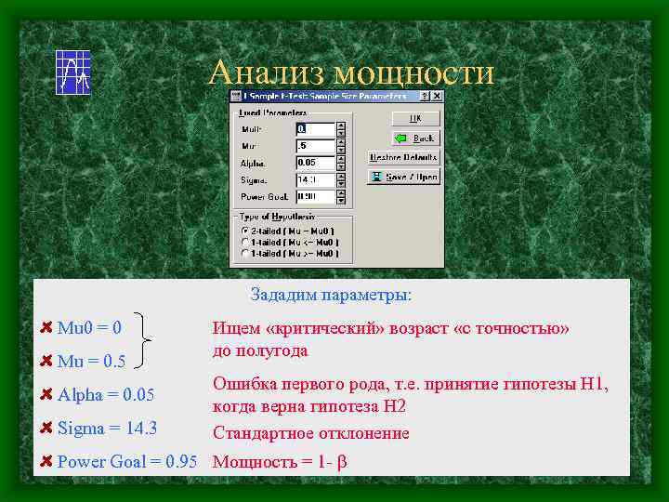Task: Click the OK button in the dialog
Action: point(414,119)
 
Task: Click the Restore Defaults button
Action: point(403,157)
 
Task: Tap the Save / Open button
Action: point(403,177)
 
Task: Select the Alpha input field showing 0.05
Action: point(314,163)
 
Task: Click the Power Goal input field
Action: point(314,197)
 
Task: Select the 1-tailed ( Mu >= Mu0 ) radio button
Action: point(244,253)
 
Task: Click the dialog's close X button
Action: point(438,96)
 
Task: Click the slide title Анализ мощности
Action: point(351,72)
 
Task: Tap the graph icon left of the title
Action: point(72,72)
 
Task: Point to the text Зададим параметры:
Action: point(330,296)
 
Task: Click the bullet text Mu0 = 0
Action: point(89,327)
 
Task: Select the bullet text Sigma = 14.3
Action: point(107,429)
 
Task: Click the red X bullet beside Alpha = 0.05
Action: point(46,394)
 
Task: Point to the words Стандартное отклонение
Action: point(310,433)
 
